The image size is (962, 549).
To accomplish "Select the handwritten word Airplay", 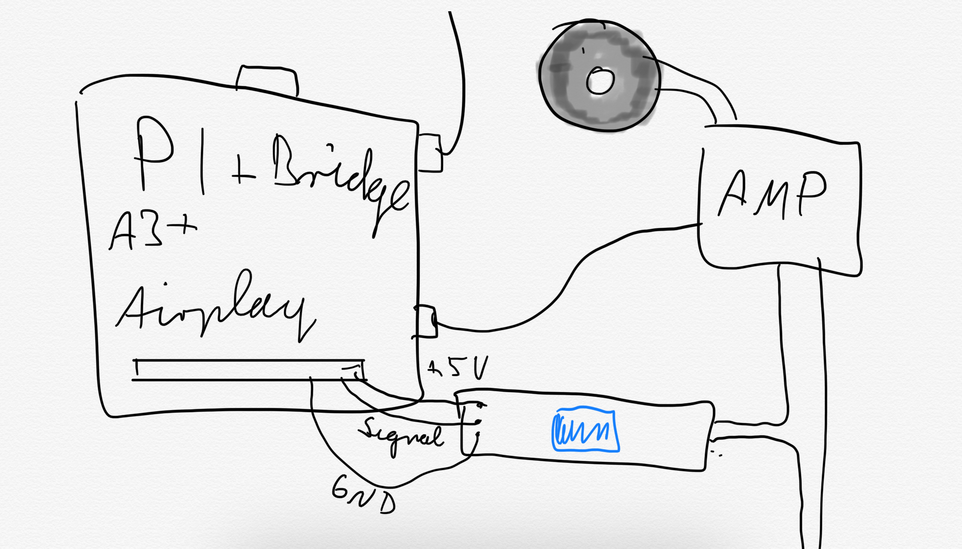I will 211,307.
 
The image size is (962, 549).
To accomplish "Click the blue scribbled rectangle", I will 585,431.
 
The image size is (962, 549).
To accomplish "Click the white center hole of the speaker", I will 600,81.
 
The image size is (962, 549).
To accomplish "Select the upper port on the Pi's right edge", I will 429,153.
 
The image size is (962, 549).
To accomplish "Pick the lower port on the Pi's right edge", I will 426,321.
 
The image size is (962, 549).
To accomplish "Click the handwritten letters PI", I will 169,155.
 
